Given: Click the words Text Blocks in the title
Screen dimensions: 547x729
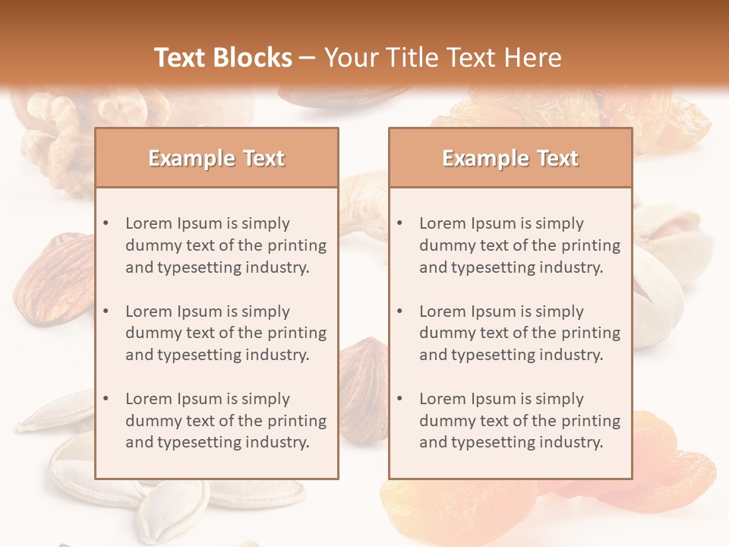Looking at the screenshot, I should coord(223,58).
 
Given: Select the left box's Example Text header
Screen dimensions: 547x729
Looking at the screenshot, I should coord(216,158).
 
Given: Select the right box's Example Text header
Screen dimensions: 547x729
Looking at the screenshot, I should coord(510,158).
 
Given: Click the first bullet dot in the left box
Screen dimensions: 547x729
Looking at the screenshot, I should coord(106,223).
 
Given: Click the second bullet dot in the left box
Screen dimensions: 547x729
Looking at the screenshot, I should coord(106,311).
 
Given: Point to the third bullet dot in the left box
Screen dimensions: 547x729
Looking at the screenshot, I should coord(106,399).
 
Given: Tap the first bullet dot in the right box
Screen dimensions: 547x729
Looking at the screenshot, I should coord(400,223).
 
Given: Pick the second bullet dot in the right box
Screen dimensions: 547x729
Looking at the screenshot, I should coord(400,311).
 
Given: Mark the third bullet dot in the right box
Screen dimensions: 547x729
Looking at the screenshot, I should coord(400,399).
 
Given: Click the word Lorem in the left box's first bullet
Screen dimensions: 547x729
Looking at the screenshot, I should coord(148,223).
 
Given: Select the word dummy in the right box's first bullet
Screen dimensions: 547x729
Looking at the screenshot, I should coord(444,245).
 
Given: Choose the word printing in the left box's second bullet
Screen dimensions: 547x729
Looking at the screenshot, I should coord(297,333).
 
